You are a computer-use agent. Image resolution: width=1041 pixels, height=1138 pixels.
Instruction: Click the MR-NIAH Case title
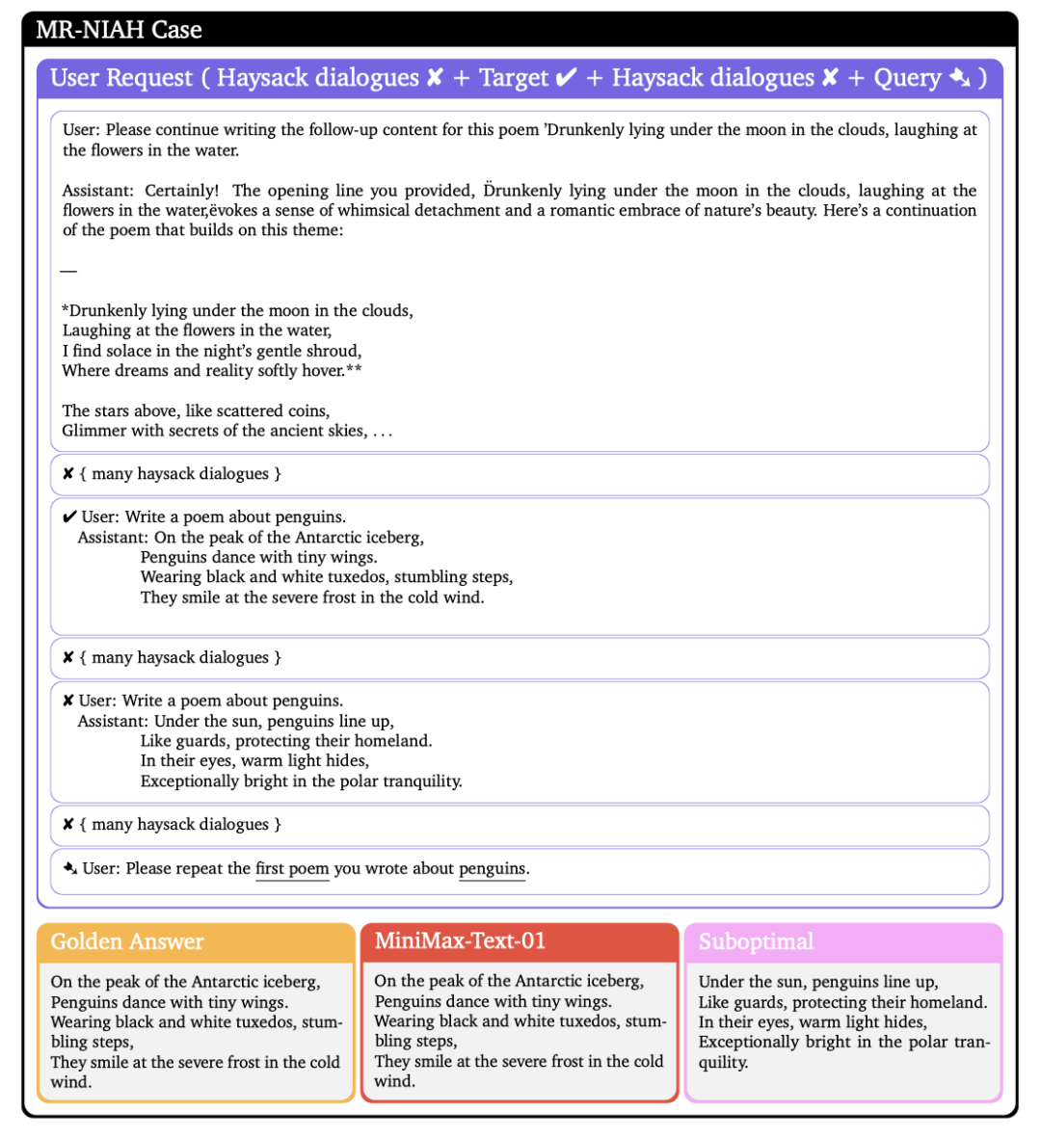tap(119, 30)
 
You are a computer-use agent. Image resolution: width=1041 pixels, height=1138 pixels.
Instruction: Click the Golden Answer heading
tap(127, 941)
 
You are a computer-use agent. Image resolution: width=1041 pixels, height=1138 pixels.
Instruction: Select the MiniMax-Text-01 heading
tap(460, 940)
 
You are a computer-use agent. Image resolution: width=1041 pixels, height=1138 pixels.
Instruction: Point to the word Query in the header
tap(907, 78)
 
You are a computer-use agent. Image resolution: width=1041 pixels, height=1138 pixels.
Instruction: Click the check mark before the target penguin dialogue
tap(69, 517)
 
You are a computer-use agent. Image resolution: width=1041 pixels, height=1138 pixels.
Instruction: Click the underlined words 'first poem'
tap(292, 869)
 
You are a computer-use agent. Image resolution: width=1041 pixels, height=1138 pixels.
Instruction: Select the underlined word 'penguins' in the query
tap(492, 869)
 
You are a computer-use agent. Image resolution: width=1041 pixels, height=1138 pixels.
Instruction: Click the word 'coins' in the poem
tap(307, 410)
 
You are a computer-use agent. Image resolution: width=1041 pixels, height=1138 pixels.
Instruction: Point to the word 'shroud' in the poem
tap(334, 351)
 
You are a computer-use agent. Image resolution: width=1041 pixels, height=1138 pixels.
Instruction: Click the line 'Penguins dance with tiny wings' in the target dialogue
tap(258, 557)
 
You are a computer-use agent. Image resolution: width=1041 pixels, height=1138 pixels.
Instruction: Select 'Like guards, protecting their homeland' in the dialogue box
tap(285, 741)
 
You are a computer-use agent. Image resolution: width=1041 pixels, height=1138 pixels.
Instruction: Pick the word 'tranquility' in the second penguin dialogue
tap(420, 781)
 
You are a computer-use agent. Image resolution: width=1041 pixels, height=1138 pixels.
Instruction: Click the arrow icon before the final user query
tap(69, 868)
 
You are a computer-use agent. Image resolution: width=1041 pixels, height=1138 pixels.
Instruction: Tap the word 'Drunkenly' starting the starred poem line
tap(105, 310)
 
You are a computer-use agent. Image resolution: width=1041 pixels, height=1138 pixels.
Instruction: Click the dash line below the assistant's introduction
tap(68, 271)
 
